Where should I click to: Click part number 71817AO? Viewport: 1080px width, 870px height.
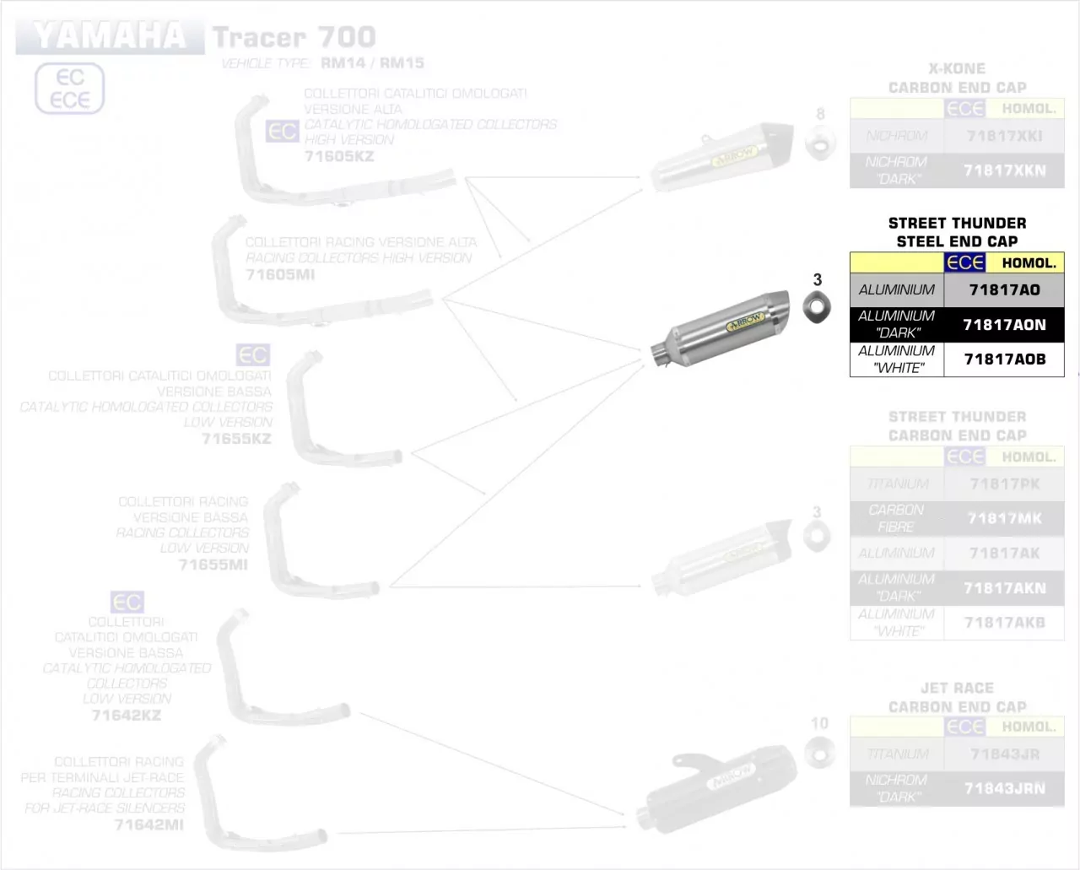(x=1004, y=289)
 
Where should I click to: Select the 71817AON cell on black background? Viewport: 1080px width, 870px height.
(x=1004, y=325)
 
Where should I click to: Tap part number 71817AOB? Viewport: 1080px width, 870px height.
(x=1004, y=359)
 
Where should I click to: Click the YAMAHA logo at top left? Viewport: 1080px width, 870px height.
(x=110, y=36)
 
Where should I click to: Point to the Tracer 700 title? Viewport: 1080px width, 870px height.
(x=294, y=37)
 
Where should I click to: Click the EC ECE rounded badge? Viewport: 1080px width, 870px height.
(x=69, y=89)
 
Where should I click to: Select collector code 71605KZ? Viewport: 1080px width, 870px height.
(x=338, y=156)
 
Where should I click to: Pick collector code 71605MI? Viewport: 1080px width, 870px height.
(x=280, y=274)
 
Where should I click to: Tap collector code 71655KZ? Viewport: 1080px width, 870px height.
(x=236, y=438)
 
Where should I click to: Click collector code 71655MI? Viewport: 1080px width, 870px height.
(x=213, y=565)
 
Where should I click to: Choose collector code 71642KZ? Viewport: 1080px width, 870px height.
(x=126, y=715)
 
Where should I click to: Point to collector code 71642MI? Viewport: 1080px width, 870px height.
(x=148, y=824)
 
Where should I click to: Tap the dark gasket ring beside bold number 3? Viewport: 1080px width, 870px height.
(x=816, y=305)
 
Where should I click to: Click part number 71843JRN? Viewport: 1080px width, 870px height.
(x=1004, y=788)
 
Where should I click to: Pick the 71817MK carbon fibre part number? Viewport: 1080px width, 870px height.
(x=1004, y=518)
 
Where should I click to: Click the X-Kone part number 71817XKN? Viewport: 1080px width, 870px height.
(x=1004, y=170)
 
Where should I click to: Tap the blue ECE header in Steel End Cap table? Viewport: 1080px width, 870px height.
(x=964, y=262)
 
